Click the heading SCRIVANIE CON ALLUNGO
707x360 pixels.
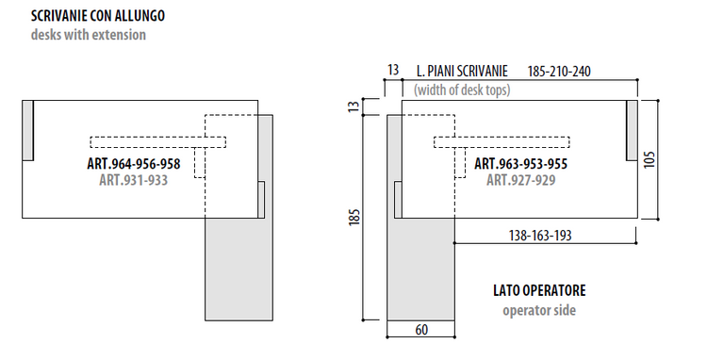98,16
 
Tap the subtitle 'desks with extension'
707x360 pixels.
89,35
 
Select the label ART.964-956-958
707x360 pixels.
134,164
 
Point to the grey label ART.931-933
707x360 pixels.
134,180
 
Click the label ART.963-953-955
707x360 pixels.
520,164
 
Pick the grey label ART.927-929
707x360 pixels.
520,180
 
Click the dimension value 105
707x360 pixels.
649,159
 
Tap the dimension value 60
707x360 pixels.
421,330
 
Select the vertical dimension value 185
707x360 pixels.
354,218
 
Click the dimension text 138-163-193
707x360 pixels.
540,236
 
